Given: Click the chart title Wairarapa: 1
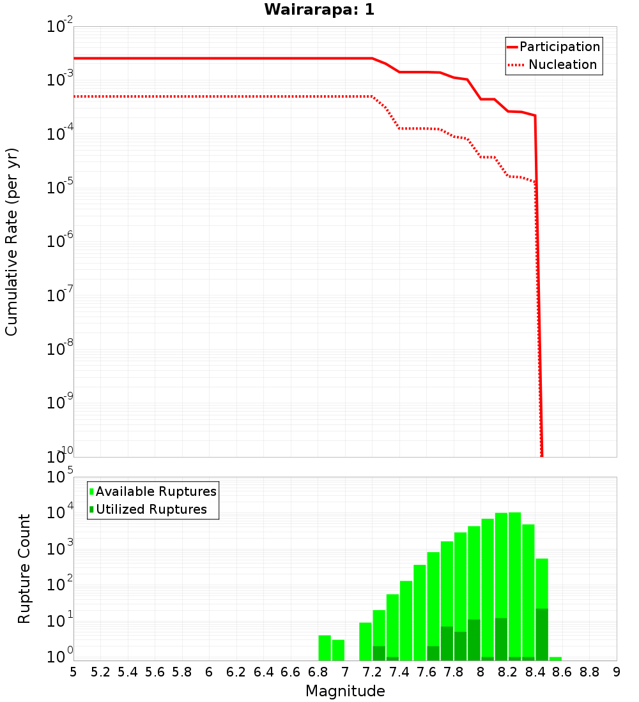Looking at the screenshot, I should click(x=319, y=10).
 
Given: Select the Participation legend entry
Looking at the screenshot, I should click(x=553, y=47).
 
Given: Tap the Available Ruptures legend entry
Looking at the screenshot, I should click(x=153, y=491).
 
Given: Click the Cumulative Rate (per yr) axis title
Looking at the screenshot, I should click(x=12, y=242).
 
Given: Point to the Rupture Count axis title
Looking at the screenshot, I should click(x=24, y=568).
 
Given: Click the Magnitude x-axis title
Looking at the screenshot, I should click(x=345, y=691).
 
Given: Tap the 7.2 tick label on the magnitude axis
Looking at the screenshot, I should click(x=373, y=672).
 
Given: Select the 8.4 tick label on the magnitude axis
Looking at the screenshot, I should click(x=535, y=672).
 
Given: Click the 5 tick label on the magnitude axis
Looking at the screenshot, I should click(x=73, y=672).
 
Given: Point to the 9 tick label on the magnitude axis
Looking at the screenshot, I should click(x=617, y=672).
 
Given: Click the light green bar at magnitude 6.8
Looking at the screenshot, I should click(x=325, y=648).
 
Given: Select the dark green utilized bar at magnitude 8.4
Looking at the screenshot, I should click(x=542, y=634).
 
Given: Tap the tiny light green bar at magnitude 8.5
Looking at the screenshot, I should click(x=555, y=659).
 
